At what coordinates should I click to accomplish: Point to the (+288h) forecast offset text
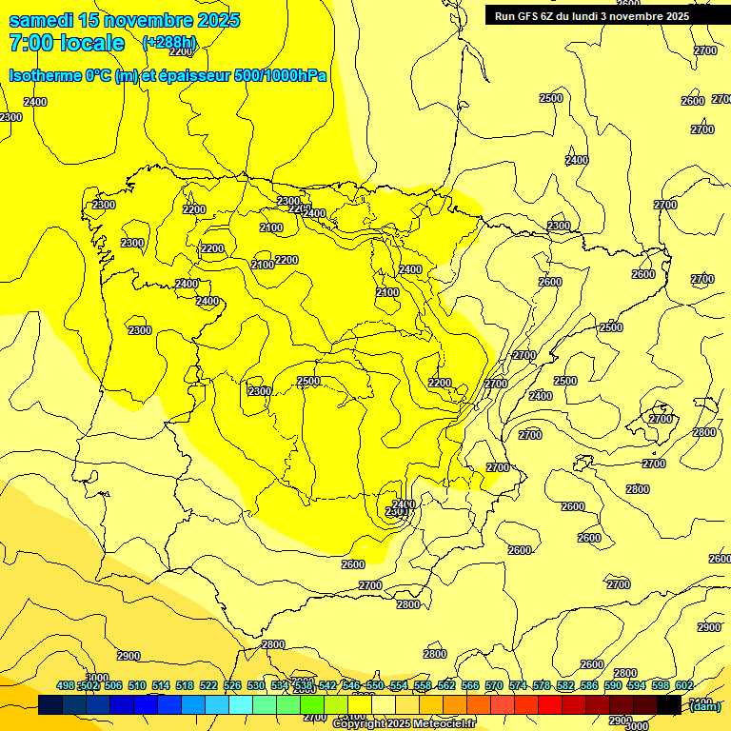click(x=169, y=43)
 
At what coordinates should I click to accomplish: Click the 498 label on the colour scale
click(x=66, y=685)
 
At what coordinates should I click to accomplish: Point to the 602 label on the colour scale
click(x=683, y=685)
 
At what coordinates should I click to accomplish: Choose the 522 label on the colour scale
click(x=208, y=685)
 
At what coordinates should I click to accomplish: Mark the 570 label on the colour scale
click(x=494, y=685)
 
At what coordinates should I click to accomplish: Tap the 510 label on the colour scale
click(x=137, y=685)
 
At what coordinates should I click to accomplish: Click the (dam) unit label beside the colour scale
click(x=704, y=705)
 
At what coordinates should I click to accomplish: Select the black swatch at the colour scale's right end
click(x=669, y=704)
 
